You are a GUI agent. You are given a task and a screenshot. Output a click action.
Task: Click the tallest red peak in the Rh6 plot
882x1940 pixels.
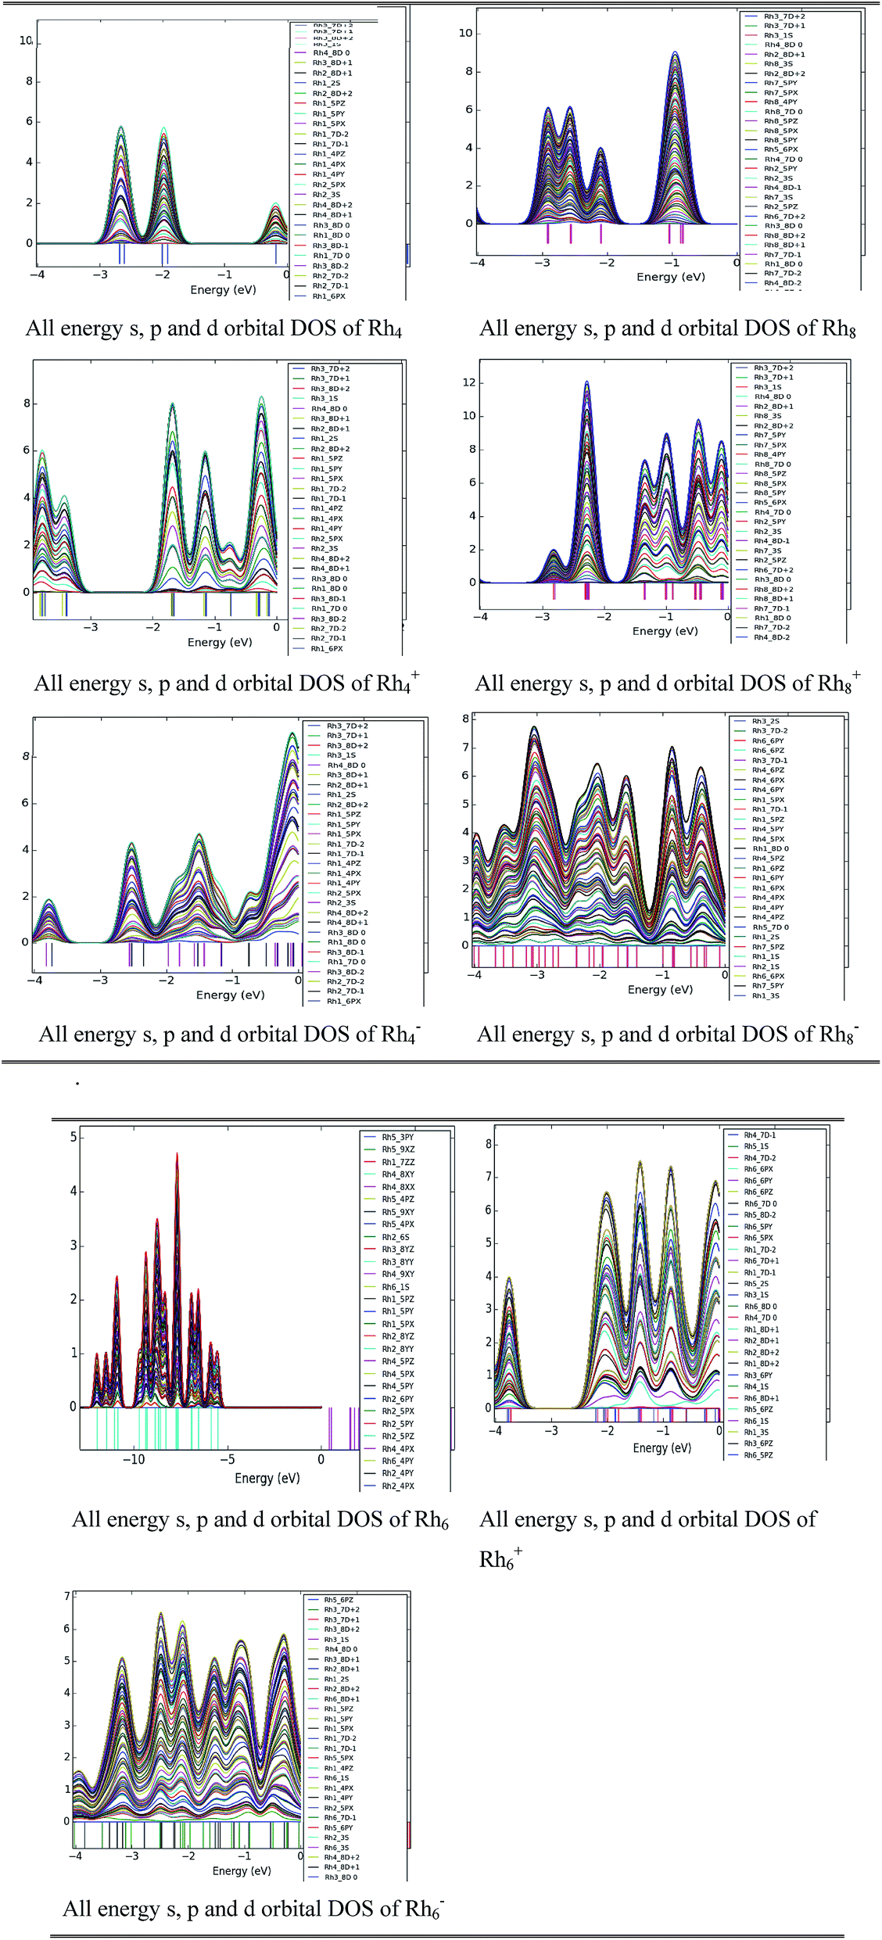coord(177,1155)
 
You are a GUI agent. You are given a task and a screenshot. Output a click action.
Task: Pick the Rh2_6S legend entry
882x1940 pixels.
coord(395,1237)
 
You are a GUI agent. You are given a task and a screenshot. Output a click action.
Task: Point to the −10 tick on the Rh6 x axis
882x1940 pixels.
coord(133,1459)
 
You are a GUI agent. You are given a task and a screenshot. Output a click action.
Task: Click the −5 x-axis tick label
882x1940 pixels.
coord(227,1459)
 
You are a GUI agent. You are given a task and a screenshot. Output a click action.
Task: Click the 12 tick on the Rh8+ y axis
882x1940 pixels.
coord(468,382)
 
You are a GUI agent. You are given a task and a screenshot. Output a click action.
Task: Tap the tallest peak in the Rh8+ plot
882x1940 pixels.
coord(586,382)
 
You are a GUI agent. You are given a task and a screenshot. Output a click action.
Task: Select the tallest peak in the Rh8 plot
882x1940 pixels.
coord(675,53)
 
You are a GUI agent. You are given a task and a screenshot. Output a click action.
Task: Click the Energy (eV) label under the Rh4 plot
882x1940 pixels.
coord(223,289)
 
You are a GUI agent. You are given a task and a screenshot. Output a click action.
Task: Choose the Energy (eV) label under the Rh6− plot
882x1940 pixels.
coord(242,1870)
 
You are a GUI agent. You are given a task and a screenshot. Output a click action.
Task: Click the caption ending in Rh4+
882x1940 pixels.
coord(226,683)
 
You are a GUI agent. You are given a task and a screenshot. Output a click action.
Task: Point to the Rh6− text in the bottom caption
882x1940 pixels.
coord(425,1909)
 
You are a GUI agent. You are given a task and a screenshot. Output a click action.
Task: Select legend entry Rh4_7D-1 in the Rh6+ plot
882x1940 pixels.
coord(759,1135)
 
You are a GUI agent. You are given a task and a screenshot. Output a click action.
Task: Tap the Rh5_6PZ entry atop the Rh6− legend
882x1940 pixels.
coord(339,1600)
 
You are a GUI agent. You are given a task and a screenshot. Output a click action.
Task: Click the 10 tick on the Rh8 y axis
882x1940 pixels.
coord(465,33)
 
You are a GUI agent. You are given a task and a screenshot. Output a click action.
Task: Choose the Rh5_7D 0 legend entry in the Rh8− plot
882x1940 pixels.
coord(769,927)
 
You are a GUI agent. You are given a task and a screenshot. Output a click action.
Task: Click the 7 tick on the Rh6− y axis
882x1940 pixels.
coord(67,1596)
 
